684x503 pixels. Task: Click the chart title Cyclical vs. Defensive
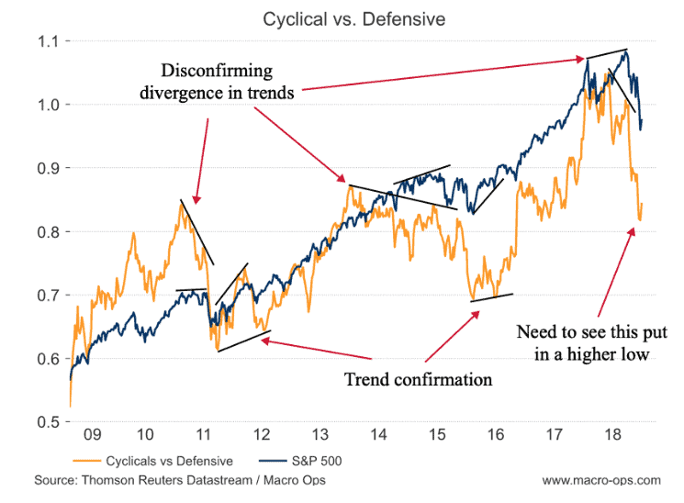coord(342,18)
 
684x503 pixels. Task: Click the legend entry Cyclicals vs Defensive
coord(170,460)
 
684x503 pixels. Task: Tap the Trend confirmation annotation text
coord(418,378)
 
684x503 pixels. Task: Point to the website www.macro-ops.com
coord(600,480)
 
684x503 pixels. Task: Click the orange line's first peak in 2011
coord(181,203)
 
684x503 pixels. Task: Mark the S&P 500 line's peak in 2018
coord(626,51)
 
